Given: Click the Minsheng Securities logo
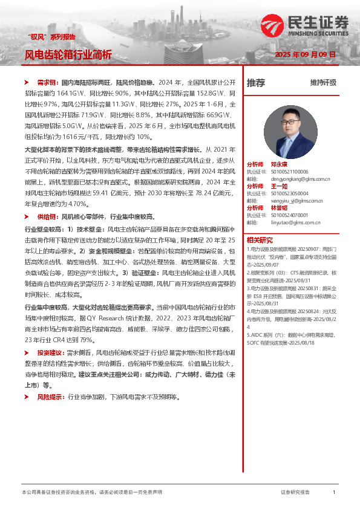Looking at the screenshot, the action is pos(306,26).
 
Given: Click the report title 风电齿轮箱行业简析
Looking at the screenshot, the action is pos(68,54).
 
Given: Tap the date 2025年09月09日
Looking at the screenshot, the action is pos(305,54).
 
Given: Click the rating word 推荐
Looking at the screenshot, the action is pos(256,83).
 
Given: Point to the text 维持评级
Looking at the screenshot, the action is pos(323,83).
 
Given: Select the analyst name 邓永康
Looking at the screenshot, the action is pos(279,164).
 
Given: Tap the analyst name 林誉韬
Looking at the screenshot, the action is pos(279,207).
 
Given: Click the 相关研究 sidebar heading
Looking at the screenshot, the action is pos(260,240).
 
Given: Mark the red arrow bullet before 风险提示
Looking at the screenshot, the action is pos(27,397).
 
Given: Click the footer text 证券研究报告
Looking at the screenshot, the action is pos(295,493).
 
